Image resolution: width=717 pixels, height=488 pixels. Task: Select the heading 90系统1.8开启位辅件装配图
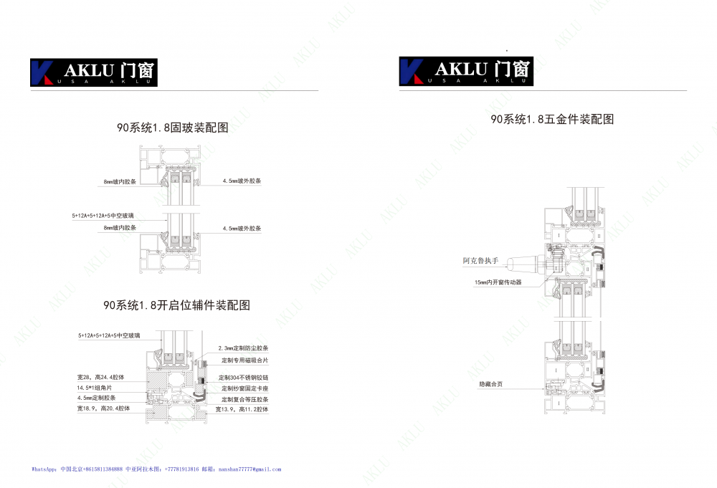point(177,305)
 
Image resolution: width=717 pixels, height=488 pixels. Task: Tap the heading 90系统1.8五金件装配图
point(552,120)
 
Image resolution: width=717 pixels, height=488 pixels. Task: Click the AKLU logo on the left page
point(93,72)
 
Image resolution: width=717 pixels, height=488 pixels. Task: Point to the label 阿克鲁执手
point(480,261)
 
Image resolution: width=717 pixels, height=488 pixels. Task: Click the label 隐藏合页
point(491,385)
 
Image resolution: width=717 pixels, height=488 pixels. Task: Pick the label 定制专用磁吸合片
point(244,360)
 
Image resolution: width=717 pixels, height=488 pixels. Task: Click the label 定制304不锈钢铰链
point(244,377)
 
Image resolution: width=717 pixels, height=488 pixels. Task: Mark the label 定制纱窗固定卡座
point(244,388)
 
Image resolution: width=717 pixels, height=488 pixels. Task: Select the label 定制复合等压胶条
point(244,398)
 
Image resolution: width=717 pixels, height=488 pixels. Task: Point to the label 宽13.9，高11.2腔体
point(242,409)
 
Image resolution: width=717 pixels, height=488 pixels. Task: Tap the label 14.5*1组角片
point(98,387)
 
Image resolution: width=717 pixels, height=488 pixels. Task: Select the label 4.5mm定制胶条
point(97,397)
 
